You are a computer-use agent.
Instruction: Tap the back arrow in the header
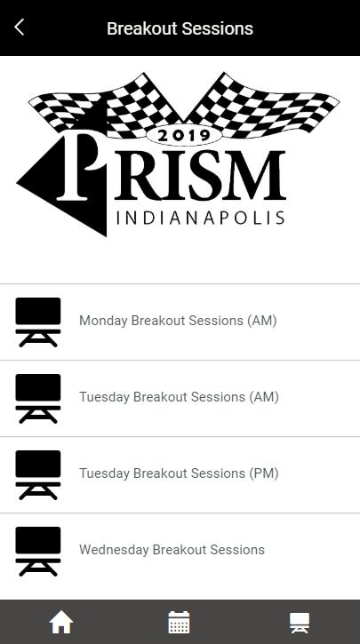(x=19, y=28)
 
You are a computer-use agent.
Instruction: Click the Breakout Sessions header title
(x=180, y=28)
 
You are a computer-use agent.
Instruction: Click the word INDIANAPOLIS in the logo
(x=200, y=218)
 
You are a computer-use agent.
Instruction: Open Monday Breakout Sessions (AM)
(x=178, y=321)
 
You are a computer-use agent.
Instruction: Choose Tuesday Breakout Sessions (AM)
(x=180, y=397)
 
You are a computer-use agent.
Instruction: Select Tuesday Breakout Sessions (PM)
(x=180, y=473)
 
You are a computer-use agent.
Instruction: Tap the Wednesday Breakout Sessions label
(x=172, y=550)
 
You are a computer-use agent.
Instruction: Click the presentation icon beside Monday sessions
(x=38, y=322)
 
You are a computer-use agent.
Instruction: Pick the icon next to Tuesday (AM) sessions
(x=38, y=399)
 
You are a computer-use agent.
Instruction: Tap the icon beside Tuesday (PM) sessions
(x=38, y=475)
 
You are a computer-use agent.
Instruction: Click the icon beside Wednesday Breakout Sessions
(x=38, y=552)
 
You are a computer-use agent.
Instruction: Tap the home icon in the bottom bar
(x=61, y=622)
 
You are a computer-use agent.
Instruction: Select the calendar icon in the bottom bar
(x=180, y=622)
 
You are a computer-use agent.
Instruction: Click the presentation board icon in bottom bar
(x=300, y=623)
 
